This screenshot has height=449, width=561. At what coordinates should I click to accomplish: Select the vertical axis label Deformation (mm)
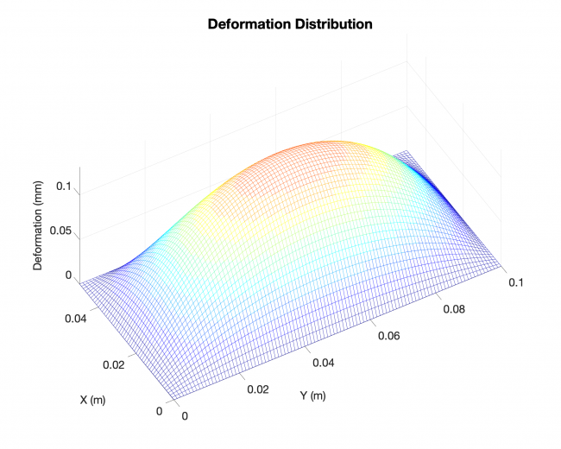tap(39, 227)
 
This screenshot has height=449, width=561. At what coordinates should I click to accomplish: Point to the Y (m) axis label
tap(312, 396)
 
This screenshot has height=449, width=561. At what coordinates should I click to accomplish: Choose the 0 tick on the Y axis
tap(186, 416)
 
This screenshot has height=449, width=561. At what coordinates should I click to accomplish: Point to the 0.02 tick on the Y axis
tap(258, 389)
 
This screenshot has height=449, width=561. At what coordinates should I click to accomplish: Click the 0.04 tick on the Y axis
tap(325, 363)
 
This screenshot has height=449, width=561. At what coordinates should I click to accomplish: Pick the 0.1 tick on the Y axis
tap(517, 283)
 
